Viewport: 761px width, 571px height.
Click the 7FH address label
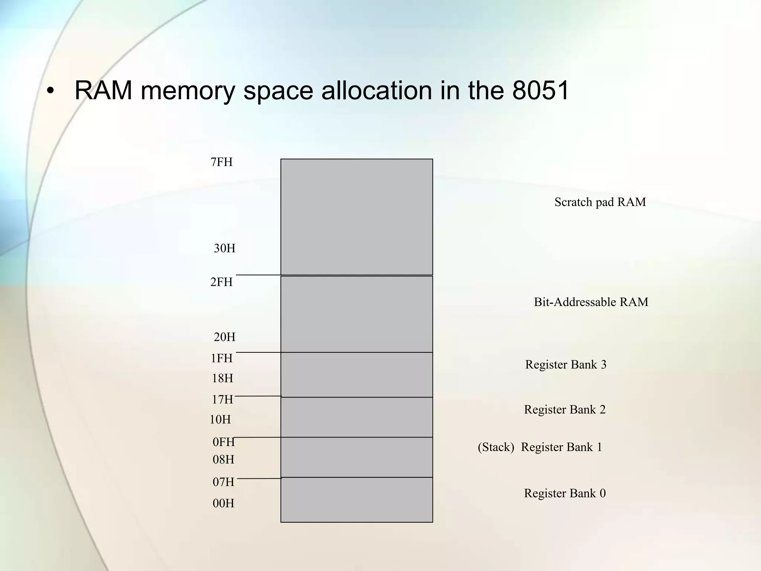coord(221,162)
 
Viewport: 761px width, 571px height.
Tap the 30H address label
coord(224,248)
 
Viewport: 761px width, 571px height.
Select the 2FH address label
coord(221,282)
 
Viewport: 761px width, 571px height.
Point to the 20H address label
coord(224,337)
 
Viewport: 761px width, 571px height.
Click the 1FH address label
coord(221,358)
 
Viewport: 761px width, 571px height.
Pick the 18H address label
coord(222,378)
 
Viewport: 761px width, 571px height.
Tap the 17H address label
coord(222,400)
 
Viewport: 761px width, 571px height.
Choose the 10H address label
coord(220,420)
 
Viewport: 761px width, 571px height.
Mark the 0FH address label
coord(224,442)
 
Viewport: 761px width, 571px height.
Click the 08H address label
coord(223,460)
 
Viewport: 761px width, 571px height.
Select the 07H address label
coord(223,482)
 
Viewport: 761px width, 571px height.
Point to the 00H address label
coord(223,503)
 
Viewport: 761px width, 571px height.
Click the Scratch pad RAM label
coord(600,202)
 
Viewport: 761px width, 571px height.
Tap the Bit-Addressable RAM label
coord(591,302)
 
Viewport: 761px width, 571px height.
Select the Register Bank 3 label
coord(566,365)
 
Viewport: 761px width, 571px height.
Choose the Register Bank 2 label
coord(565,410)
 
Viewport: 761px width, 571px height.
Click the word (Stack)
coord(496,447)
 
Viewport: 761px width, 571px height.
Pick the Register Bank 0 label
coord(565,493)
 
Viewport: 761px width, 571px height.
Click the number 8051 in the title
coord(540,90)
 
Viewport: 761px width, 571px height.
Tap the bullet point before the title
coord(51,91)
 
